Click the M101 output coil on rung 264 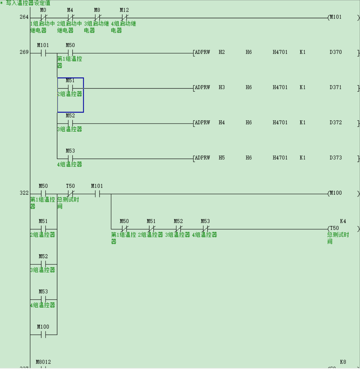[x=335, y=17]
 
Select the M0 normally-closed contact [x=43, y=17]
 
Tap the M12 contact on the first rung [x=124, y=17]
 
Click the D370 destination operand [x=336, y=52]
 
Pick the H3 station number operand [x=222, y=88]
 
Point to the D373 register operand [x=336, y=158]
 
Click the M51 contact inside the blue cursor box [x=70, y=88]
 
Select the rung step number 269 [x=24, y=53]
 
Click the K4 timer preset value [x=343, y=221]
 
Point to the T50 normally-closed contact [x=70, y=194]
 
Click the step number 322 [x=24, y=193]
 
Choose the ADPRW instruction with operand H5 [x=202, y=158]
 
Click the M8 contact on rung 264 [x=97, y=17]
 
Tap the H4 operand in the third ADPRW [x=222, y=123]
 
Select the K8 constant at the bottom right [x=343, y=362]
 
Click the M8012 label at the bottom [x=43, y=362]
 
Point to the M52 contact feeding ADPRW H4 [x=70, y=123]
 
